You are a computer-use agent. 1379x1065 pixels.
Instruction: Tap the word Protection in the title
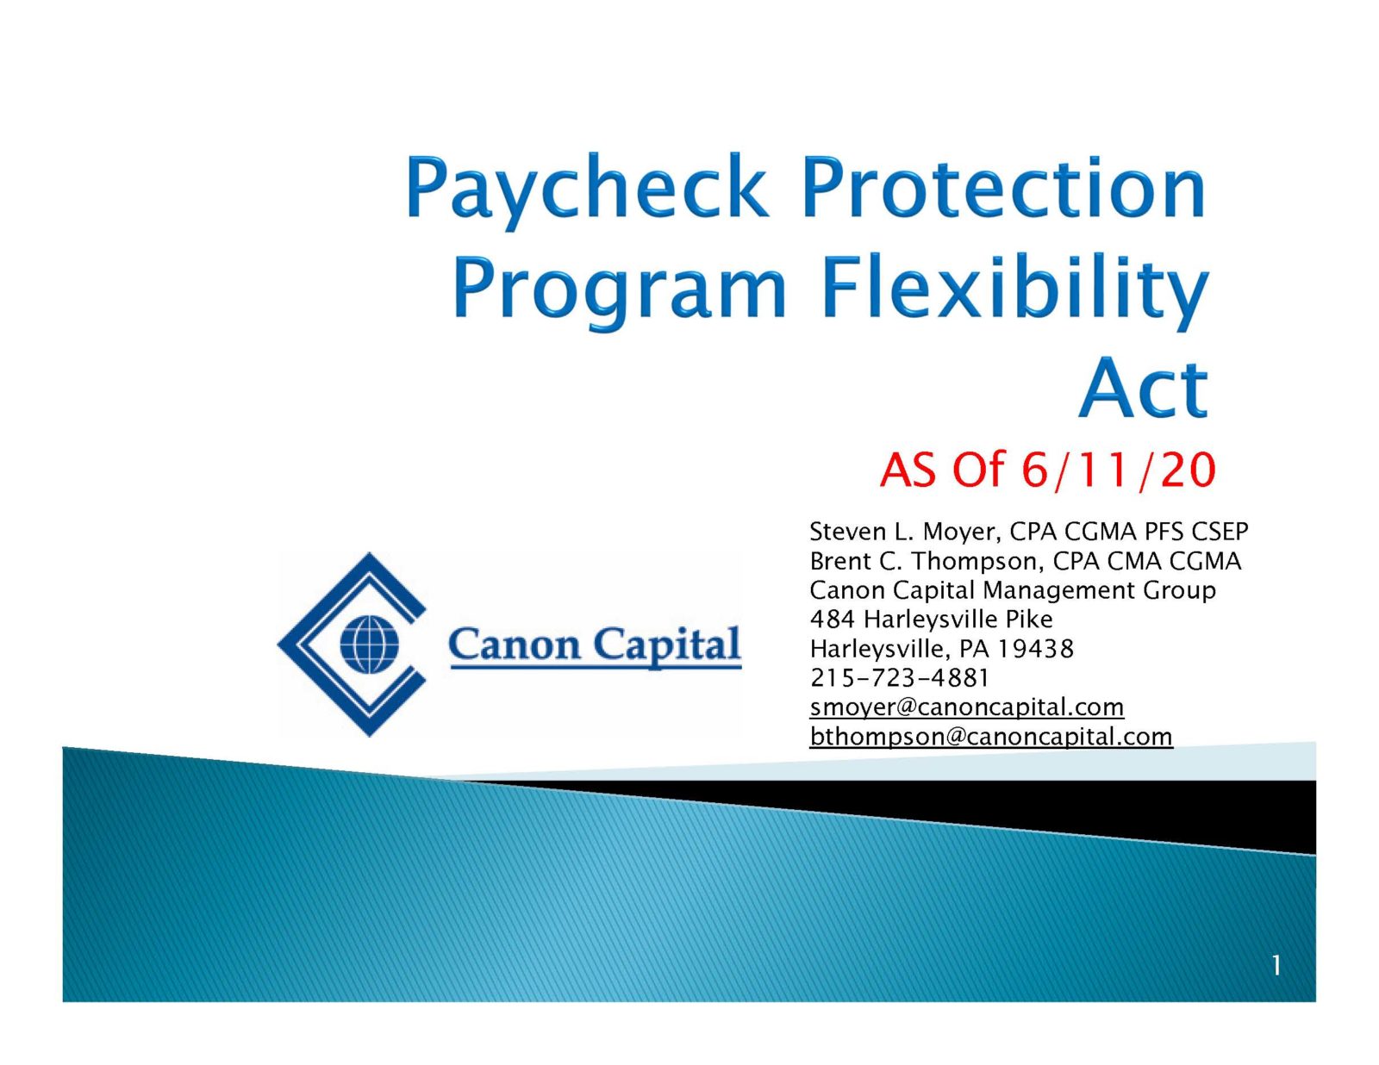1003,188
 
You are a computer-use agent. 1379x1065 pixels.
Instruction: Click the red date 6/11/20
1118,470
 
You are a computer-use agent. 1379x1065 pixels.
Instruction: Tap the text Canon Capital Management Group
1013,590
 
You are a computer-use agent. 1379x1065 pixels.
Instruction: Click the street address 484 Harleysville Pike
931,620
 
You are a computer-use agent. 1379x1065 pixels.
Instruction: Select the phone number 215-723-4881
899,678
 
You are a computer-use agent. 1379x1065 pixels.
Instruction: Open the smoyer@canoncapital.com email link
966,707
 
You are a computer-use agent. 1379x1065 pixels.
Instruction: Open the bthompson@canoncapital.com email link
991,737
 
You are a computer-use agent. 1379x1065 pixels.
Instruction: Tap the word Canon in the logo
514,645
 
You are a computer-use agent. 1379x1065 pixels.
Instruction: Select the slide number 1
1276,967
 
